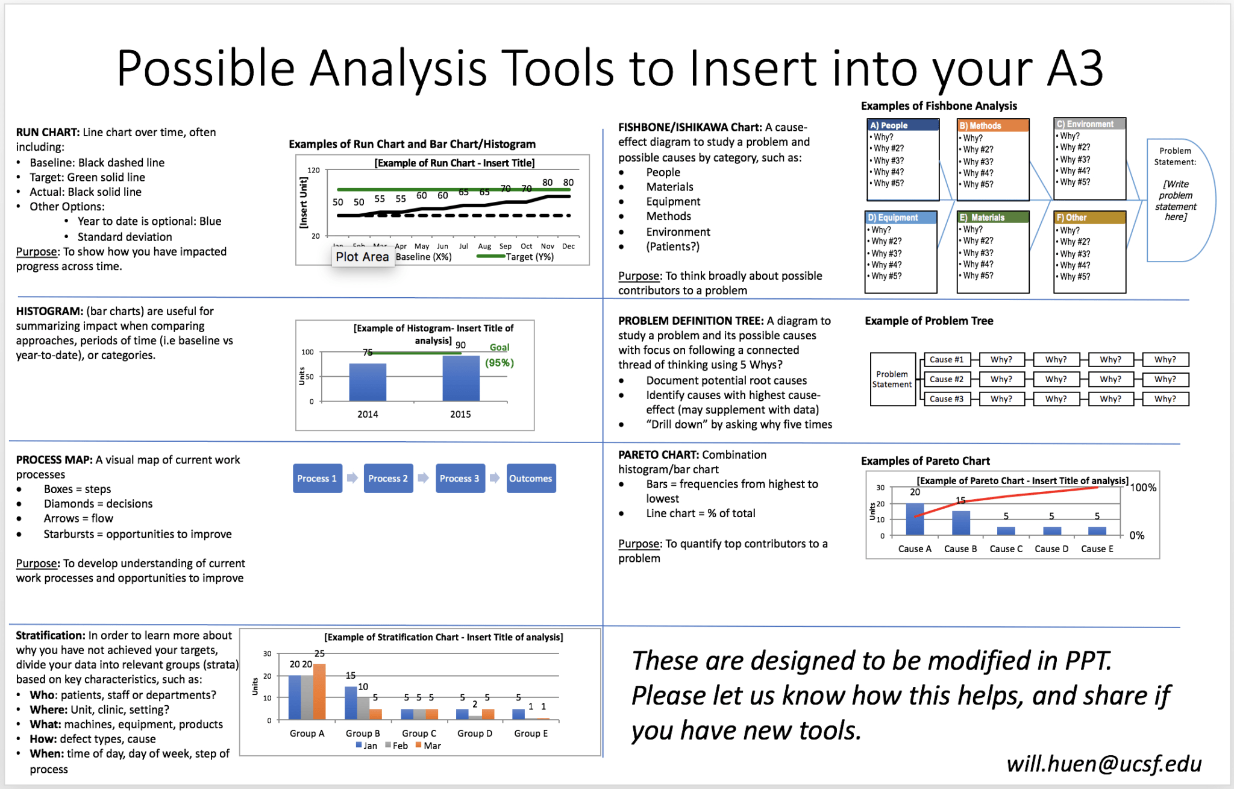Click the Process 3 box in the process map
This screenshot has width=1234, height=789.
coord(460,478)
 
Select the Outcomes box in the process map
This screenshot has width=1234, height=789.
coord(531,478)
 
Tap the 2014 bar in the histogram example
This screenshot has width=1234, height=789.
coord(368,382)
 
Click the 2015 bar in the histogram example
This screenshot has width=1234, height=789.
coord(461,379)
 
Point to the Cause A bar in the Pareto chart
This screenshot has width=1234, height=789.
coord(915,520)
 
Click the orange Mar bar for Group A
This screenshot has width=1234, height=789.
coord(319,691)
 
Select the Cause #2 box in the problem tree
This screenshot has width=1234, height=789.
coord(946,379)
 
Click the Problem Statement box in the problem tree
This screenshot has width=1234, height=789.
coord(892,379)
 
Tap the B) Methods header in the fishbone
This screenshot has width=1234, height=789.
coord(992,125)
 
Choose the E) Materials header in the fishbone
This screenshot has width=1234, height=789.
coord(992,218)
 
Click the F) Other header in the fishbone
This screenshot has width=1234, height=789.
coord(1089,218)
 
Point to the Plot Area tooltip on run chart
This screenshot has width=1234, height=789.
coord(362,257)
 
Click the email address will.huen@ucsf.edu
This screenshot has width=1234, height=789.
coord(1104,763)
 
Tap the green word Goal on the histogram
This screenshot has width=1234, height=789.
coord(500,347)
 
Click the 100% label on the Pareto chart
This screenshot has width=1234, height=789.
coord(1143,488)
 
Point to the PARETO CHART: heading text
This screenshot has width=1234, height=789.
coord(659,454)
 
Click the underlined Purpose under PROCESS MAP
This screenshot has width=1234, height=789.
coord(37,563)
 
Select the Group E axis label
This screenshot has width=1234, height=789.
coord(531,733)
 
